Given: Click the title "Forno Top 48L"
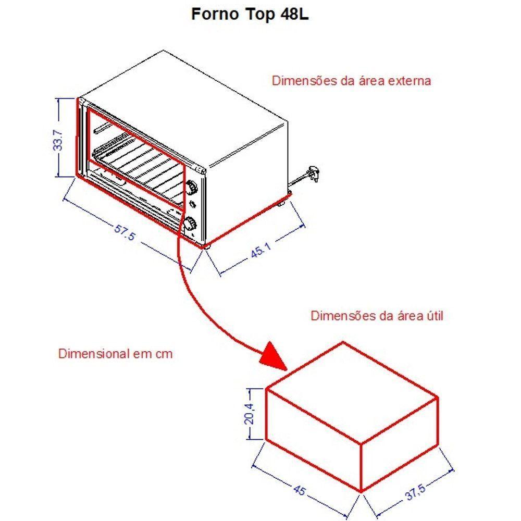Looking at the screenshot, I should tap(250, 14).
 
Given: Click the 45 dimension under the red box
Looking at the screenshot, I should tap(300, 489).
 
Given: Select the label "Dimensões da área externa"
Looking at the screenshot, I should tap(351, 81).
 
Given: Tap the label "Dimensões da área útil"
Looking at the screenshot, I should tap(377, 316).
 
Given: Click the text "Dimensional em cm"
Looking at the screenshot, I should tap(115, 354).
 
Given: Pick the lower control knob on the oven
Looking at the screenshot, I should tap(191, 224).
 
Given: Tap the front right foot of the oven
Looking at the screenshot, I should tap(204, 245).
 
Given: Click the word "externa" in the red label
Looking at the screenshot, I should tap(412, 81).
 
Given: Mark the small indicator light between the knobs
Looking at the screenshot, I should tap(193, 204).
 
